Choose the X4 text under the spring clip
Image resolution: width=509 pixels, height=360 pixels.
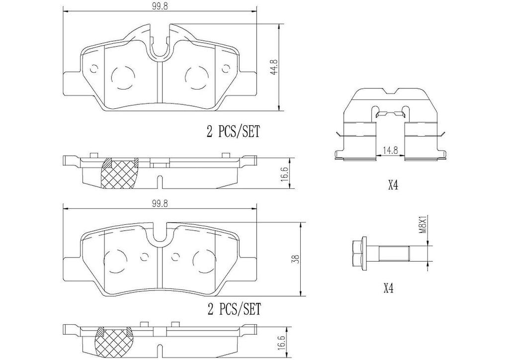click(393, 186)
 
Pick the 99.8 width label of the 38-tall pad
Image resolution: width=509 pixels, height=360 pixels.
click(159, 203)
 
